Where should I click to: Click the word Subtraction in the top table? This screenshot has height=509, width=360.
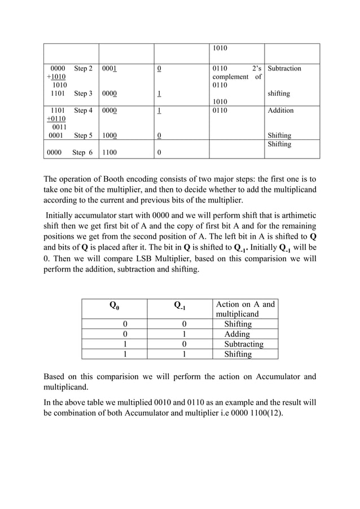[x=284, y=68]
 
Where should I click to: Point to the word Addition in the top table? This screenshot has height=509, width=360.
[x=280, y=111]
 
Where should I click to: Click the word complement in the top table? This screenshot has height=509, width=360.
[x=230, y=77]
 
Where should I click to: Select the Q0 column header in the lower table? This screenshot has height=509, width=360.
[x=113, y=306]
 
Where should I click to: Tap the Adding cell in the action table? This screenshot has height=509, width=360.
[x=237, y=334]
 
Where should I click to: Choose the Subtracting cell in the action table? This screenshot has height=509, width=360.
[x=244, y=344]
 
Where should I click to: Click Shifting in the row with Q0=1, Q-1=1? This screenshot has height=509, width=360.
[x=238, y=354]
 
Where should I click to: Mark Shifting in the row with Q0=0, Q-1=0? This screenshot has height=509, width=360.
[x=238, y=324]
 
